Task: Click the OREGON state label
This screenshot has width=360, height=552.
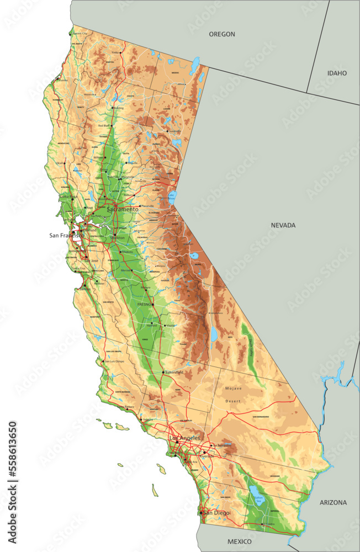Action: pyautogui.click(x=221, y=34)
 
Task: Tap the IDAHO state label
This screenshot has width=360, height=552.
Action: pyautogui.click(x=337, y=73)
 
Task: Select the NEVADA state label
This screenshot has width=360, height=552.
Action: pyautogui.click(x=283, y=225)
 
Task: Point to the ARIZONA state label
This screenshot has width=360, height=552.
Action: pyautogui.click(x=333, y=502)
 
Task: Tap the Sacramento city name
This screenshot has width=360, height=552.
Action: pyautogui.click(x=123, y=210)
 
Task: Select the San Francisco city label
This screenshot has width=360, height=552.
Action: pyautogui.click(x=66, y=235)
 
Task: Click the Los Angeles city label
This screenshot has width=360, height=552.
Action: pyautogui.click(x=184, y=438)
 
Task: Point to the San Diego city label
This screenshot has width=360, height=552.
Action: pyautogui.click(x=216, y=513)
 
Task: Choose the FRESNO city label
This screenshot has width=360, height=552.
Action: pyautogui.click(x=144, y=304)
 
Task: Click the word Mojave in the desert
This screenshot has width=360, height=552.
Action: pyautogui.click(x=233, y=389)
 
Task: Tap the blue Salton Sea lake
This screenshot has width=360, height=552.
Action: pyautogui.click(x=257, y=493)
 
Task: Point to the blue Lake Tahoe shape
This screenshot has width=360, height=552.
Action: pyautogui.click(x=172, y=197)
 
